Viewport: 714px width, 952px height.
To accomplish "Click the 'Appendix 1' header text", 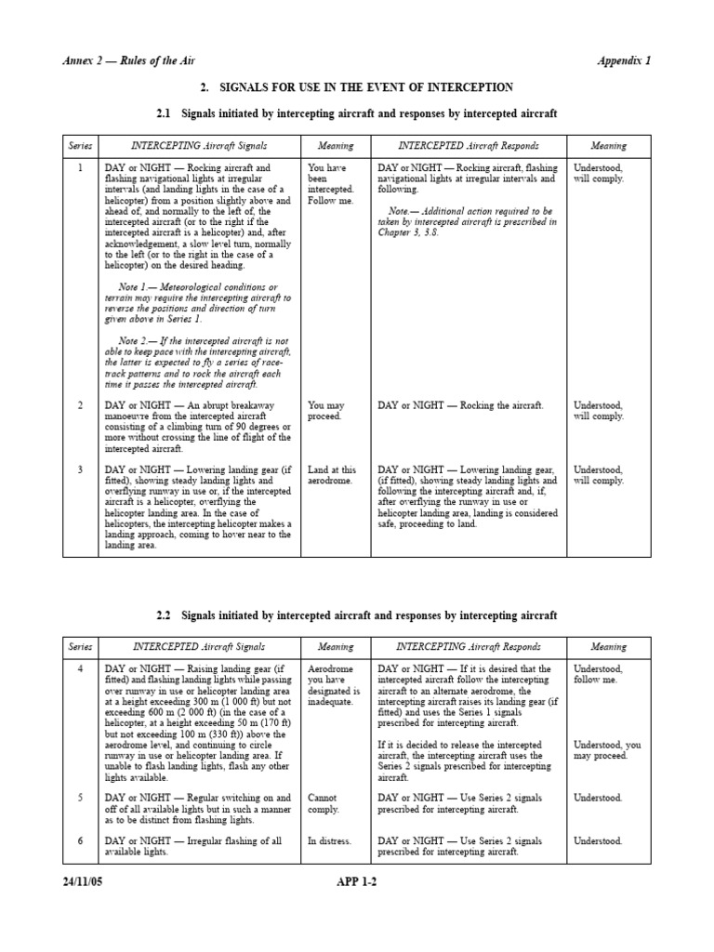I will (623, 60).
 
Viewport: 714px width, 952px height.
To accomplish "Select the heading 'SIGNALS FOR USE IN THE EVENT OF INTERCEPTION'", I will (365, 87).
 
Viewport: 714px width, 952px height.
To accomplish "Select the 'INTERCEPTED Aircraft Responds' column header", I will (468, 146).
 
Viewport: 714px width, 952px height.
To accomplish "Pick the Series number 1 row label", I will (80, 168).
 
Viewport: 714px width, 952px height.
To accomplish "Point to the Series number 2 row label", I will (80, 405).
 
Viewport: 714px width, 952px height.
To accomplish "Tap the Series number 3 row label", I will (80, 469).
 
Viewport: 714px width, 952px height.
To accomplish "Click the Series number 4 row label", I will (80, 668).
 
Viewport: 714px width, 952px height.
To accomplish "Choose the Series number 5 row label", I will (80, 798).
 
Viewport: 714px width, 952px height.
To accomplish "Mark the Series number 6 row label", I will (80, 840).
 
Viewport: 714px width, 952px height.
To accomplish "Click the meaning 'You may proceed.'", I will (327, 411).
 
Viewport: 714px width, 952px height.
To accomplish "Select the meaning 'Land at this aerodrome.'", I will (332, 475).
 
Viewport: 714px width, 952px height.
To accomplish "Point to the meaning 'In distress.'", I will (330, 840).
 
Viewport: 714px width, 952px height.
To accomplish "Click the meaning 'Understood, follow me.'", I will (599, 674).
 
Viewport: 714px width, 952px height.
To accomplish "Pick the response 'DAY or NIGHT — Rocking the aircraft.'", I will (460, 405).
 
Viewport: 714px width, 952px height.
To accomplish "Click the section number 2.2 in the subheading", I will (165, 615).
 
